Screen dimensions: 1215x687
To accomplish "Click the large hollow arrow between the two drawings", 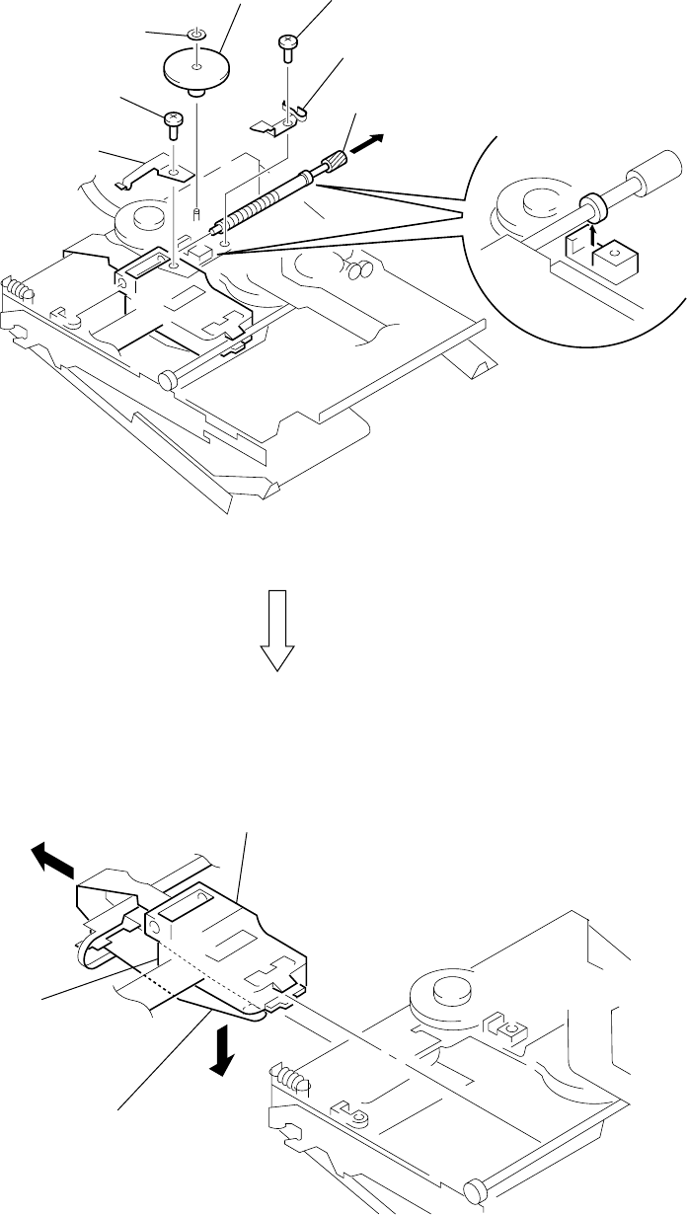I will [x=278, y=632].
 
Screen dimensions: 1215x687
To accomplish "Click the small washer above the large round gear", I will [x=197, y=36].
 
